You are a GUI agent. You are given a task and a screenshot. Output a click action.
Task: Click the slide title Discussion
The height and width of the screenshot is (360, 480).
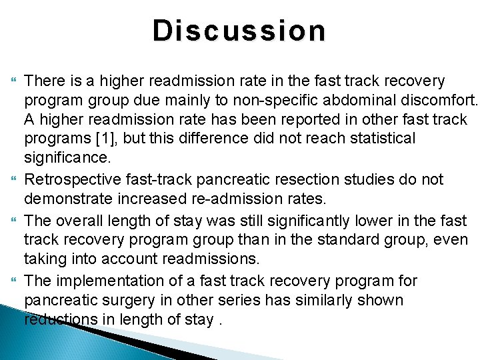tap(239, 31)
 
